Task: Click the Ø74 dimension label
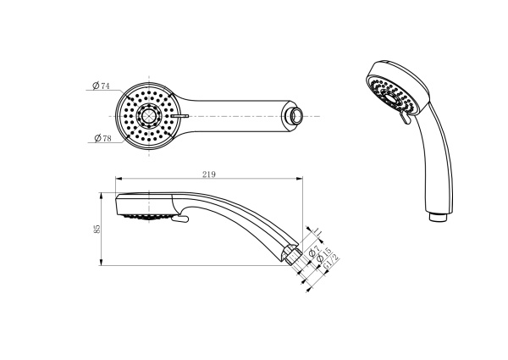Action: pyautogui.click(x=101, y=86)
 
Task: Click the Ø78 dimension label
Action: pyautogui.click(x=102, y=138)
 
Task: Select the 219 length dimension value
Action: pyautogui.click(x=209, y=174)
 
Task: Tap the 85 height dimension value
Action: pyautogui.click(x=97, y=229)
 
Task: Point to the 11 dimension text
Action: pyautogui.click(x=317, y=232)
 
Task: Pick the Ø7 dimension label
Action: pyautogui.click(x=314, y=250)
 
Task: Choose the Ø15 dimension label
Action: pyautogui.click(x=324, y=255)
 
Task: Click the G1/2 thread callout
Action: pyautogui.click(x=331, y=261)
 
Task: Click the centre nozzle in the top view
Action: pyautogui.click(x=149, y=116)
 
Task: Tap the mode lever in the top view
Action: pyautogui.click(x=179, y=115)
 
